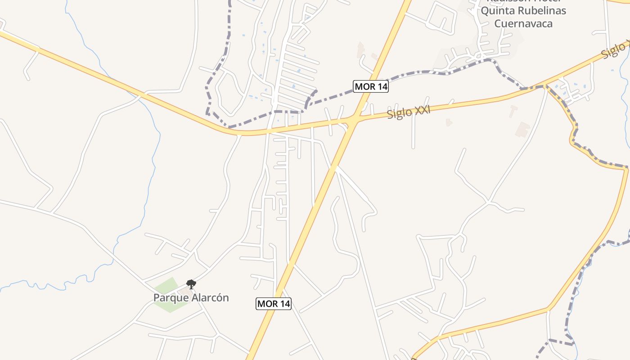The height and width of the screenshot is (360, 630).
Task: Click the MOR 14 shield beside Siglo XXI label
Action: (371, 86)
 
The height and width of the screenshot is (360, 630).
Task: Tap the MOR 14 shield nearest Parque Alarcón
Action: (274, 304)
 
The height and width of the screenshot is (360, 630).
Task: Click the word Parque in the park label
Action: (169, 298)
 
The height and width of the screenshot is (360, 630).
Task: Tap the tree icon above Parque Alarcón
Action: (191, 284)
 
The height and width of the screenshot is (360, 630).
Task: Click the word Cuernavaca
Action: (523, 23)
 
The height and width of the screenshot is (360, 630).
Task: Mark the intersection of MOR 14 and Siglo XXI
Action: (355, 119)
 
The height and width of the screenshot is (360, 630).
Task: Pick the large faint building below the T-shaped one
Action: (523, 130)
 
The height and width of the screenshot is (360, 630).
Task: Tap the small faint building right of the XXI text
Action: (448, 122)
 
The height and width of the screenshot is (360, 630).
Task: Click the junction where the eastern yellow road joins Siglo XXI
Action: (545, 85)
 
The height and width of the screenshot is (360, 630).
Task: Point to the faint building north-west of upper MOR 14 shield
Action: (360, 49)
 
